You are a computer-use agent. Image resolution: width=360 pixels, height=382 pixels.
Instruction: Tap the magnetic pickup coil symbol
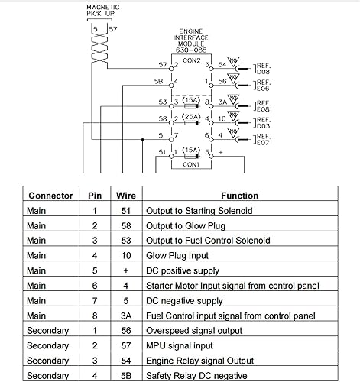[97, 51]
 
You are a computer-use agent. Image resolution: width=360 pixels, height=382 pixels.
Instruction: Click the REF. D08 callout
[263, 69]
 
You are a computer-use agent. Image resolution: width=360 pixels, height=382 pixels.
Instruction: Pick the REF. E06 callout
[263, 85]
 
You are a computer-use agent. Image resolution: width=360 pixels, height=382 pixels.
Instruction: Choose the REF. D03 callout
[263, 122]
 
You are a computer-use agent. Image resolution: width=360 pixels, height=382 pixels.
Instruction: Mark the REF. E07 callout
[263, 139]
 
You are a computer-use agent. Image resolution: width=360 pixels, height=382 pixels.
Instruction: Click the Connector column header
[50, 195]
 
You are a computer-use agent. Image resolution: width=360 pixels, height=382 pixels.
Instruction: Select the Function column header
[240, 195]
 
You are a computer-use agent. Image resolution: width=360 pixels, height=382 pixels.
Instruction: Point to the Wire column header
[126, 195]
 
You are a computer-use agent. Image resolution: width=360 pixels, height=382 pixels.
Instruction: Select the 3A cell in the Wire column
[126, 316]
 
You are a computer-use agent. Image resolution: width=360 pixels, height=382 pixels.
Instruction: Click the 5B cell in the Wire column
[126, 375]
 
